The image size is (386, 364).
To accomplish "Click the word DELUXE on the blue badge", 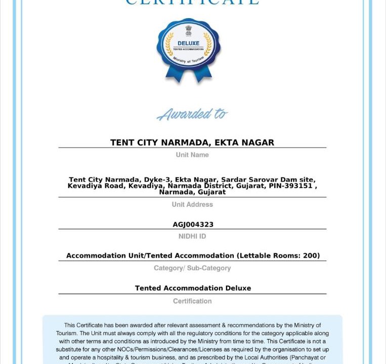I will coord(188,43).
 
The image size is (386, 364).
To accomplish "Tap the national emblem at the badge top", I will coord(188,30).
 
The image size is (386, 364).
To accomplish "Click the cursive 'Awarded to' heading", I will coord(192,115).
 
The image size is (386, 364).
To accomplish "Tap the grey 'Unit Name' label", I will coord(192,155).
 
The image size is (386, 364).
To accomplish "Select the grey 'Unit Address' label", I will coord(192,204).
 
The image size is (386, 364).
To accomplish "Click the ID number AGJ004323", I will coord(193,224).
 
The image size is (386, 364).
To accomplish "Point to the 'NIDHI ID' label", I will coord(192,236).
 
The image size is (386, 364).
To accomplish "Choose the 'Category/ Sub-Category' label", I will coord(192,268).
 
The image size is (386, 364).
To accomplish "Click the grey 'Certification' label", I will coord(192,301).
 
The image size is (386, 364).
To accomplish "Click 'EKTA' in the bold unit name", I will coord(226,143).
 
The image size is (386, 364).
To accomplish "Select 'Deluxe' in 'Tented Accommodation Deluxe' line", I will coord(237,288).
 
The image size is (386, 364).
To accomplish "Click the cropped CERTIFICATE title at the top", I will coord(192,3).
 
